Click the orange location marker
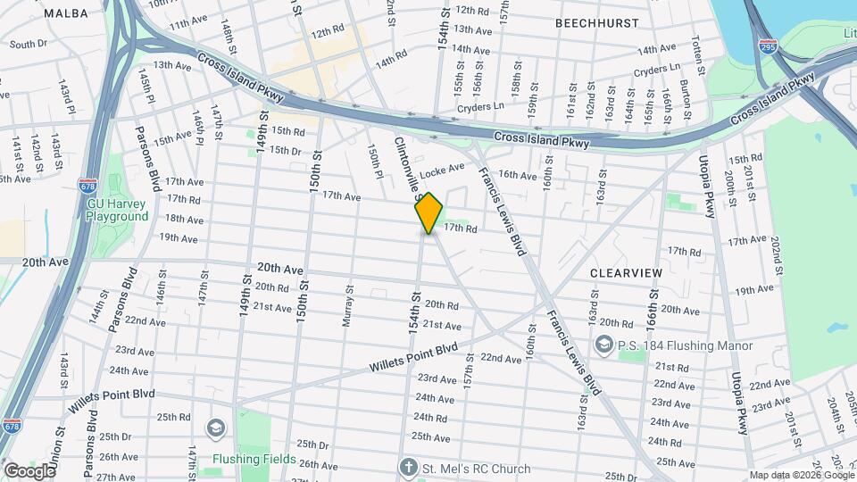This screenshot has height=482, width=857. pos(428,212)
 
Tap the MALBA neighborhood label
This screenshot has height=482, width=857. pos(66,12)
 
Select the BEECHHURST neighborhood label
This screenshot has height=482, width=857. pos(596,21)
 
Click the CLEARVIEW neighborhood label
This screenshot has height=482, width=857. pos(625,271)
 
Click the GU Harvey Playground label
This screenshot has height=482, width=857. pos(118,210)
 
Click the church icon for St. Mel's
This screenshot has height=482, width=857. pos(408,468)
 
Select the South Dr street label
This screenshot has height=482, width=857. pos(28,44)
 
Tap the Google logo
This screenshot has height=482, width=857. pos(29,470)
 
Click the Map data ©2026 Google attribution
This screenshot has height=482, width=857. pos(801,475)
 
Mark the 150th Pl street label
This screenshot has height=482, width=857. pos(376,162)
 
